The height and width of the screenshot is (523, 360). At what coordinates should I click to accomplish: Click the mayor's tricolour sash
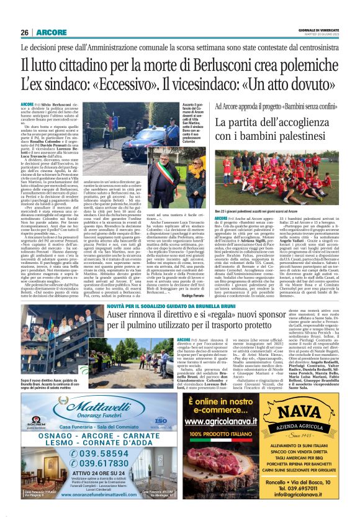(x=163, y=180)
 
